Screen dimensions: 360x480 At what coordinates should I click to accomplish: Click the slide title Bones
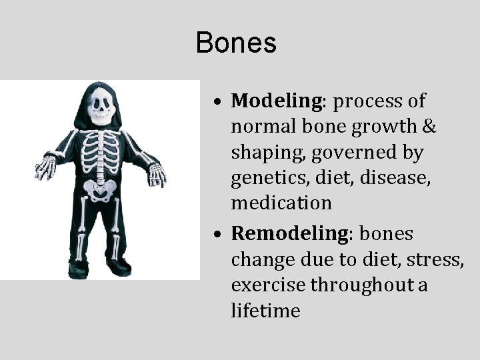point(236,43)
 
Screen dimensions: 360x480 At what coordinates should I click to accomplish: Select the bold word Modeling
point(277,101)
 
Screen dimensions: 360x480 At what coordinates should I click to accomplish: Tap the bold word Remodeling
point(285,234)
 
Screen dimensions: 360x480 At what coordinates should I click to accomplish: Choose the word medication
point(281,203)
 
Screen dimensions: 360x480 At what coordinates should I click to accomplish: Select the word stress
point(437,259)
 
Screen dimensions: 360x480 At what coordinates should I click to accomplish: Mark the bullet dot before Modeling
point(219,103)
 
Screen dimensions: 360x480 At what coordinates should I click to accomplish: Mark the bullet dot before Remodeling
point(219,236)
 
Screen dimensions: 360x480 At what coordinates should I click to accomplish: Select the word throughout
point(356,285)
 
